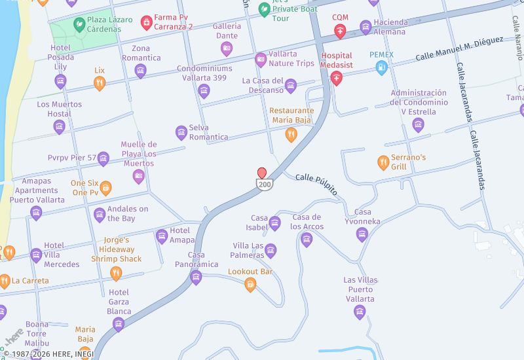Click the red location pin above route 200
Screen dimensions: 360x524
pyautogui.click(x=262, y=173)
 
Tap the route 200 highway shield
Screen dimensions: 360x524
pyautogui.click(x=264, y=185)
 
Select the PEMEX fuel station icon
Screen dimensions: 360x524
pyautogui.click(x=381, y=67)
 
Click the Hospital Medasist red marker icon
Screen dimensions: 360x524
pyautogui.click(x=337, y=79)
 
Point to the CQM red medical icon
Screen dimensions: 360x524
pyautogui.click(x=340, y=31)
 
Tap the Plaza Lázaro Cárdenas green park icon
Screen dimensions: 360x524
pyautogui.click(x=79, y=25)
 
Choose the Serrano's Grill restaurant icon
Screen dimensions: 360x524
pyautogui.click(x=383, y=162)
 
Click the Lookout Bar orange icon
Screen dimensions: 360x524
pyautogui.click(x=250, y=284)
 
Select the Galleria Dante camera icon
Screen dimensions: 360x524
pyautogui.click(x=227, y=48)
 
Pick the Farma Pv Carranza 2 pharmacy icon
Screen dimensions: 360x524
pyautogui.click(x=147, y=24)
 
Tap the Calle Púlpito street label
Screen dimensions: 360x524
pyautogui.click(x=316, y=185)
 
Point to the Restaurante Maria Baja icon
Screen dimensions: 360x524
pyautogui.click(x=291, y=135)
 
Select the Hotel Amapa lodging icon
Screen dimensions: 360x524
pyautogui.click(x=162, y=236)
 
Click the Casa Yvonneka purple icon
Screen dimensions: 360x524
pyautogui.click(x=362, y=234)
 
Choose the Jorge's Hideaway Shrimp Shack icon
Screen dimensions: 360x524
pyautogui.click(x=116, y=273)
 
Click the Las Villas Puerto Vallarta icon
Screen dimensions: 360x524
pyautogui.click(x=359, y=312)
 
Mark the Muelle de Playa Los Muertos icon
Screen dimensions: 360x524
pyautogui.click(x=139, y=176)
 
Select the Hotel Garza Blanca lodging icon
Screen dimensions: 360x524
pyautogui.click(x=119, y=323)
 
